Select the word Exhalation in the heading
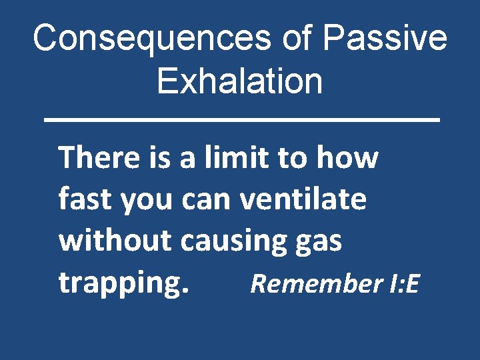coord(240,81)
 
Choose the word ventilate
coord(303,199)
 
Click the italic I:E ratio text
coord(403,284)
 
